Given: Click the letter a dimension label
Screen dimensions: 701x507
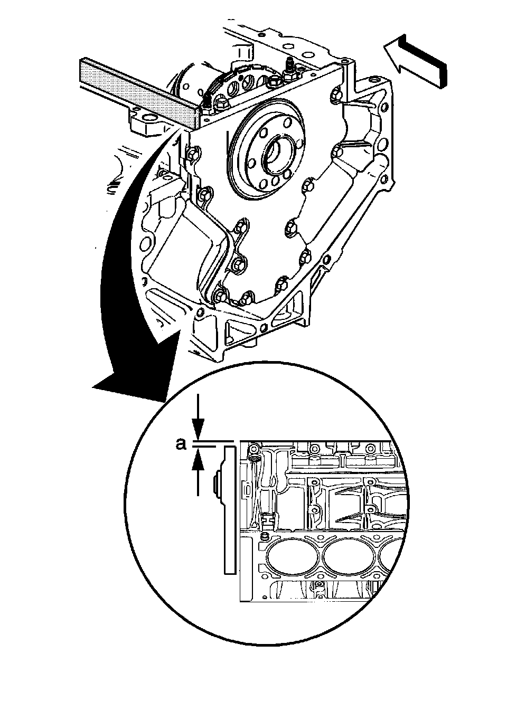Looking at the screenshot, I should pos(181,444).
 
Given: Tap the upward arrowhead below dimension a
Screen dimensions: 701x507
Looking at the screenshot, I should pos(198,463).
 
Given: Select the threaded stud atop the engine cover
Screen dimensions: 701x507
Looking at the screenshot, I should pos(289,69).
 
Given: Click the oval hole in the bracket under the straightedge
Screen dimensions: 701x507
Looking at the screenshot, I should pos(149,117).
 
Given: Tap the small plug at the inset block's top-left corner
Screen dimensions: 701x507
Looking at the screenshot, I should pos(253,449).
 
